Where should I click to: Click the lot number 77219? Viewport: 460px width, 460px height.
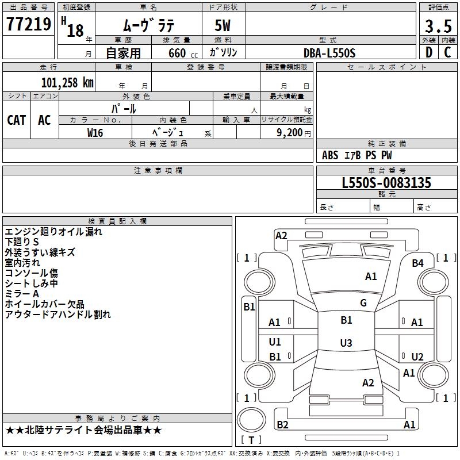click(x=28, y=25)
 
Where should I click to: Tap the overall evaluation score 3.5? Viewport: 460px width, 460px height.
click(x=437, y=26)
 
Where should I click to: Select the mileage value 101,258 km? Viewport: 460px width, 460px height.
click(x=67, y=82)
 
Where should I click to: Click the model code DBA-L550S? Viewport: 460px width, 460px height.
click(x=329, y=53)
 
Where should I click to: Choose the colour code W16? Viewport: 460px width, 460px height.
click(x=95, y=132)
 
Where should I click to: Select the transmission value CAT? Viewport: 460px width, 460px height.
click(x=17, y=120)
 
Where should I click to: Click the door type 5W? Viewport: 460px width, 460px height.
click(x=224, y=26)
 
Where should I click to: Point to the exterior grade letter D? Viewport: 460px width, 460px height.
click(x=428, y=52)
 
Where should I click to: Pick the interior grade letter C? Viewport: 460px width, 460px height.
click(x=447, y=52)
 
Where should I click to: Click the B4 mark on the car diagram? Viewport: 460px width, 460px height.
click(x=417, y=263)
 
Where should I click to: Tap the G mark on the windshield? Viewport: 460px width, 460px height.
click(x=363, y=303)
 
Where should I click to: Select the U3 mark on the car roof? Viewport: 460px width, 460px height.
click(x=346, y=343)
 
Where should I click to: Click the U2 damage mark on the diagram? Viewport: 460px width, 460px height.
click(x=417, y=357)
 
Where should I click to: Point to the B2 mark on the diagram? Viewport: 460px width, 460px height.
click(x=282, y=425)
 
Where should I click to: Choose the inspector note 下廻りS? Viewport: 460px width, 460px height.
click(x=22, y=242)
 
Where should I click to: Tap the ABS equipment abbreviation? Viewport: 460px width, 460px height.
click(x=330, y=155)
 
